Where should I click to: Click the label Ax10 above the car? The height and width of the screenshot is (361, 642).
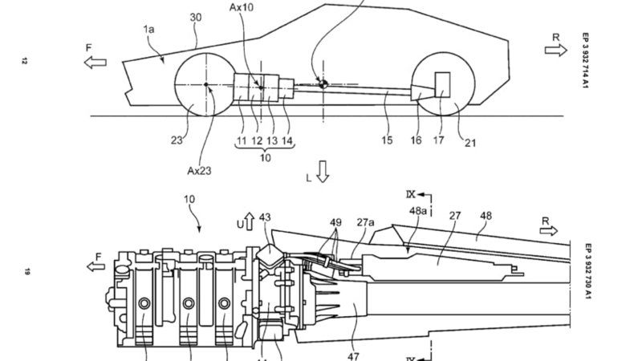pyautogui.click(x=242, y=7)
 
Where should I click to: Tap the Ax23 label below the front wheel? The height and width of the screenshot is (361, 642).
pyautogui.click(x=199, y=171)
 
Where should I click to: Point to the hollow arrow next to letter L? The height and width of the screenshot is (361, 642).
pyautogui.click(x=323, y=172)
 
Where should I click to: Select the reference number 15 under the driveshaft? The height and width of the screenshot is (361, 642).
pyautogui.click(x=387, y=140)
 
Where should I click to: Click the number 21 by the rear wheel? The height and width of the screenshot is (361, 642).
pyautogui.click(x=470, y=143)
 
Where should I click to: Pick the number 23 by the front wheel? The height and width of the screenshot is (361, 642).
pyautogui.click(x=177, y=140)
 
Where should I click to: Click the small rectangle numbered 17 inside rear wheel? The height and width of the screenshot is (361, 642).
pyautogui.click(x=442, y=85)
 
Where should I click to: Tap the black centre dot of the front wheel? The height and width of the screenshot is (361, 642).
pyautogui.click(x=206, y=85)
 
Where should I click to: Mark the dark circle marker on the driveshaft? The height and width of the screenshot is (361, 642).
pyautogui.click(x=323, y=84)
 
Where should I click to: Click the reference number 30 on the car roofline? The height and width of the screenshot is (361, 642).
pyautogui.click(x=196, y=17)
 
